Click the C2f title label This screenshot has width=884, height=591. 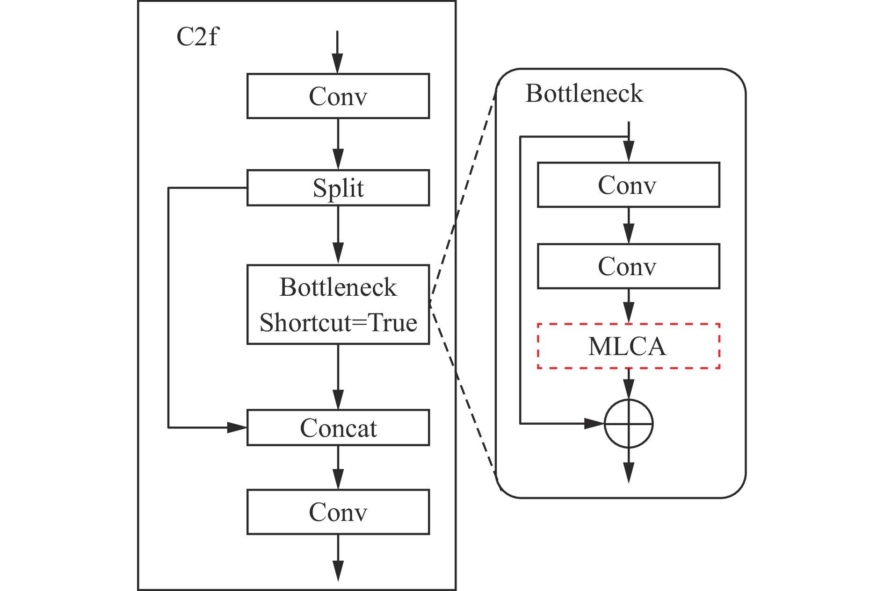(x=197, y=37)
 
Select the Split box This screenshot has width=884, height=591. (x=338, y=188)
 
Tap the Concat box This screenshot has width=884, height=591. (x=338, y=427)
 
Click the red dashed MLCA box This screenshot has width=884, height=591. (x=628, y=346)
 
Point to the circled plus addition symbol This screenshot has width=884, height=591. (x=628, y=424)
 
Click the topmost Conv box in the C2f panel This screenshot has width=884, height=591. (x=338, y=96)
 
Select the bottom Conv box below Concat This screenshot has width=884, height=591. (x=338, y=512)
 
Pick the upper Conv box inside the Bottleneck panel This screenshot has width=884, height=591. (x=628, y=185)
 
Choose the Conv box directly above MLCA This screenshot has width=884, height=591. (x=628, y=266)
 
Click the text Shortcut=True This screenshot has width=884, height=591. (x=338, y=323)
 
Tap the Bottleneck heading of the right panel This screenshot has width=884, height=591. (x=584, y=93)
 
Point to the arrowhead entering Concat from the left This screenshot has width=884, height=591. (x=237, y=427)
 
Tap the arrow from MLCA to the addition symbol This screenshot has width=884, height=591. (x=629, y=384)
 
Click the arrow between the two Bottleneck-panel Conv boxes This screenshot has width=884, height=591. (x=629, y=225)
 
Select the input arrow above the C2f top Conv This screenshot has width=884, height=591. (x=337, y=52)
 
